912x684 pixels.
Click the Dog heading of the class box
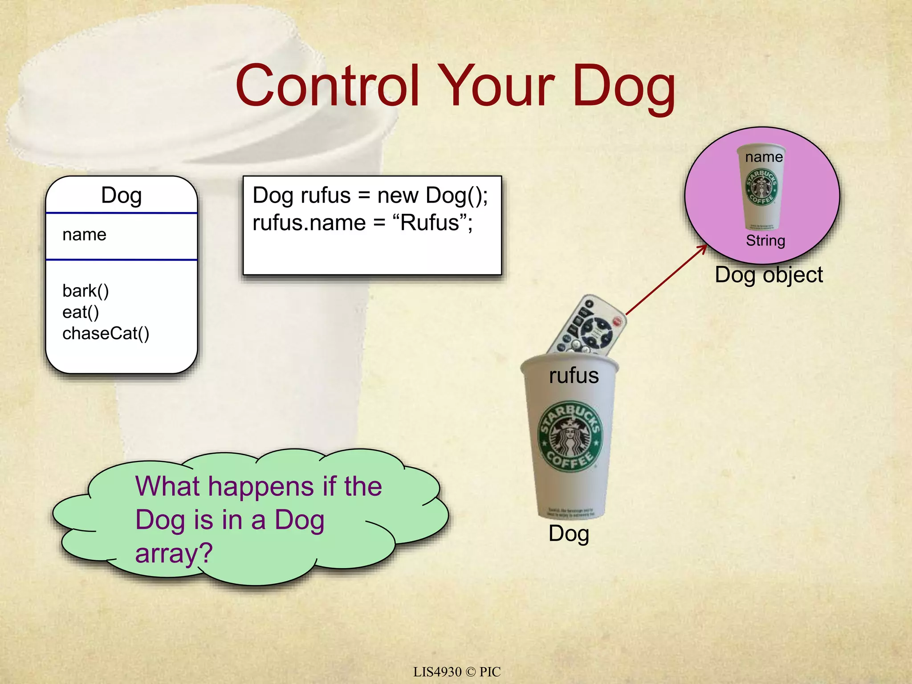pos(121,195)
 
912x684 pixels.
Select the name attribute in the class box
pos(85,235)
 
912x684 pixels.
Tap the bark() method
pos(85,291)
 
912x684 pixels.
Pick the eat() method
pos(81,312)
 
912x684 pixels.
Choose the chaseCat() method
pos(106,334)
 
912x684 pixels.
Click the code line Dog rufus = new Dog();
pos(370,195)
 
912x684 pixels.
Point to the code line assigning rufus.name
pos(362,223)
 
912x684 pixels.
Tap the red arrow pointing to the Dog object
pos(666,280)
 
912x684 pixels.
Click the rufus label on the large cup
pos(574,375)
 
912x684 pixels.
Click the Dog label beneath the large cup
pos(569,533)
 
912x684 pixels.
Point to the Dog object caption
pos(769,275)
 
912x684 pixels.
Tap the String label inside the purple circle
pos(765,241)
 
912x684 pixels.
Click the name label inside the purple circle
pos(764,157)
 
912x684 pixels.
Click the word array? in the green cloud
pos(174,554)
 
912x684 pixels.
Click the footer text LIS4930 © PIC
pos(457,672)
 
